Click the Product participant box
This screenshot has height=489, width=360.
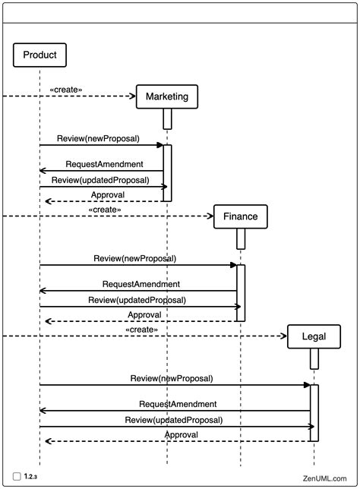click(39, 55)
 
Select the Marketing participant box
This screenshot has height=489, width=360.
click(167, 96)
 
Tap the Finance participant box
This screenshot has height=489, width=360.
click(240, 216)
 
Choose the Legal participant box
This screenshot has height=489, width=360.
click(314, 336)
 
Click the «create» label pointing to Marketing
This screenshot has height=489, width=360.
click(66, 89)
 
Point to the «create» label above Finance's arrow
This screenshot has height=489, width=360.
click(105, 209)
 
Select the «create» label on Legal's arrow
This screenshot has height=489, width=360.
click(141, 329)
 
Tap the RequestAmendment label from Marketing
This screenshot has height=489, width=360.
click(104, 163)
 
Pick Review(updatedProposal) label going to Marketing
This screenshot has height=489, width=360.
click(100, 181)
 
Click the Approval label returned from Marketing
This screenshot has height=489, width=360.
click(108, 194)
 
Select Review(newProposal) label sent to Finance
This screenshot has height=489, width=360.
click(134, 258)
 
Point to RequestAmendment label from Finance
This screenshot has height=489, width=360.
click(141, 283)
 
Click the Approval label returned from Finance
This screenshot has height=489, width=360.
click(144, 314)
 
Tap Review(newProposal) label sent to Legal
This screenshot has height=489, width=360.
click(172, 377)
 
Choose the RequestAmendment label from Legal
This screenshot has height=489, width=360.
click(178, 404)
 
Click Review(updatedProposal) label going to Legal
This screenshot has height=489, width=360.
click(174, 419)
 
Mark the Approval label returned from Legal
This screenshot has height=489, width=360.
click(182, 434)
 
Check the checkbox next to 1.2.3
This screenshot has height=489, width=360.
click(17, 476)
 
